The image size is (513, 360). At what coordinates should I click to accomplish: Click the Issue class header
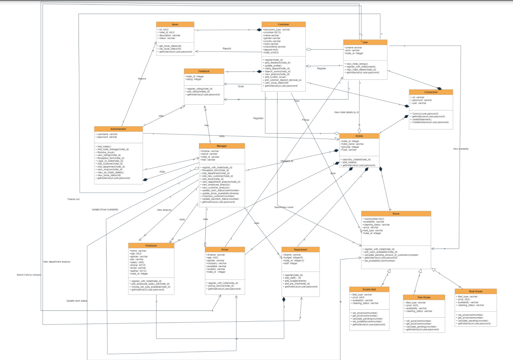(175, 24)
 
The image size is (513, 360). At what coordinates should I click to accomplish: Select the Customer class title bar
(283, 24)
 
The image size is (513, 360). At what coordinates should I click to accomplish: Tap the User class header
(365, 42)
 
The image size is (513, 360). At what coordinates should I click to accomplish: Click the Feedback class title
(204, 71)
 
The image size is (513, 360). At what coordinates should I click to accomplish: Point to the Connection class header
(431, 92)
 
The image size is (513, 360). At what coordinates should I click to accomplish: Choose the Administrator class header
(118, 129)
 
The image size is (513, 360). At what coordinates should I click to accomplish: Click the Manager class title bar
(222, 146)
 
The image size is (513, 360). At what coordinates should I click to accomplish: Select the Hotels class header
(359, 136)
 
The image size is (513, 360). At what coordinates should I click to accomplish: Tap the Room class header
(396, 214)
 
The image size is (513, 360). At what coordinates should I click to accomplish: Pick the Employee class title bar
(151, 245)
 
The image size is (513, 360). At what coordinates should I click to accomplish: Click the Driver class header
(225, 250)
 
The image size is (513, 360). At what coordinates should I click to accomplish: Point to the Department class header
(300, 250)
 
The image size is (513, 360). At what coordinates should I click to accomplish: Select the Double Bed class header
(369, 289)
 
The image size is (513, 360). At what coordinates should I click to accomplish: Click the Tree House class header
(423, 297)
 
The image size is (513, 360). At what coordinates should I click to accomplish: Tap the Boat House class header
(475, 291)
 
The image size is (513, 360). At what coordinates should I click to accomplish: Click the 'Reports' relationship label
(227, 49)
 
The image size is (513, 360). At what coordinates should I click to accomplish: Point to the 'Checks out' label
(73, 199)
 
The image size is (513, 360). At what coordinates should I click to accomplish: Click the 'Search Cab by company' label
(29, 275)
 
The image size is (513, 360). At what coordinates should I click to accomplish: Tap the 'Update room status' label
(77, 301)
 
